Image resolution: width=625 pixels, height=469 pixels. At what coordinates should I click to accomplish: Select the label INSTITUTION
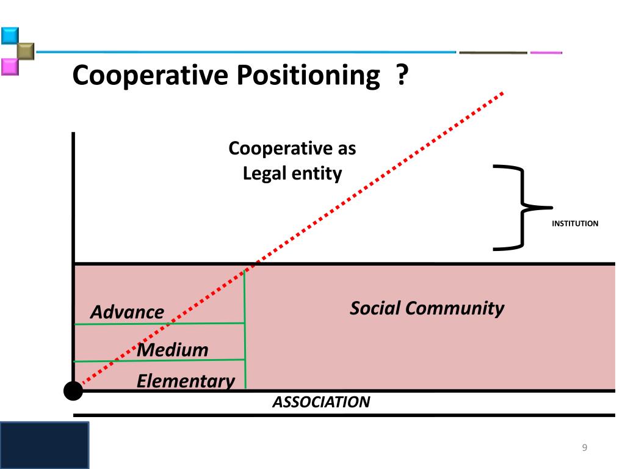tap(575, 224)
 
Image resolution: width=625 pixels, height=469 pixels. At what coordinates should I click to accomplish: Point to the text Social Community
tap(427, 308)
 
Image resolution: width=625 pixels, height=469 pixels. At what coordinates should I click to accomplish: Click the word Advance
tap(127, 312)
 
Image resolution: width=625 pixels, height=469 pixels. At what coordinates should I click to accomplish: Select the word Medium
tap(173, 350)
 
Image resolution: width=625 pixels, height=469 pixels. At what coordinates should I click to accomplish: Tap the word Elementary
tap(186, 381)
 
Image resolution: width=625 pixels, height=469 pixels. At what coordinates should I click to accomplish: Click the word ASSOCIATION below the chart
tap(321, 402)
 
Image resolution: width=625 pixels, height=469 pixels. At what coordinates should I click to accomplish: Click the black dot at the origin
tap(73, 390)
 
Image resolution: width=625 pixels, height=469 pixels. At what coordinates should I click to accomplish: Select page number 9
tap(584, 448)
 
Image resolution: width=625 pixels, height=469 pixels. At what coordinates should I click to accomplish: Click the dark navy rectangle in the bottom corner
tap(44, 445)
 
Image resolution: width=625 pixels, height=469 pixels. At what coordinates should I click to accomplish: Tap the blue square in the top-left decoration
tap(9, 35)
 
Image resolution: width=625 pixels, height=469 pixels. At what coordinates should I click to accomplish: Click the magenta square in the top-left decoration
tap(9, 66)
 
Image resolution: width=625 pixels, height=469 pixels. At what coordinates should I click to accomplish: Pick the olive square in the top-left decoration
tap(25, 51)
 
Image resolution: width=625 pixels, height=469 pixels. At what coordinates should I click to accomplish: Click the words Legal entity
tap(292, 173)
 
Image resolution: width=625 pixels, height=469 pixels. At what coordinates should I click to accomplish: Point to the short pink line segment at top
tap(546, 53)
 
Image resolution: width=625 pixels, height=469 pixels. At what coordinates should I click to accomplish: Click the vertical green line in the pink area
tap(245, 330)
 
